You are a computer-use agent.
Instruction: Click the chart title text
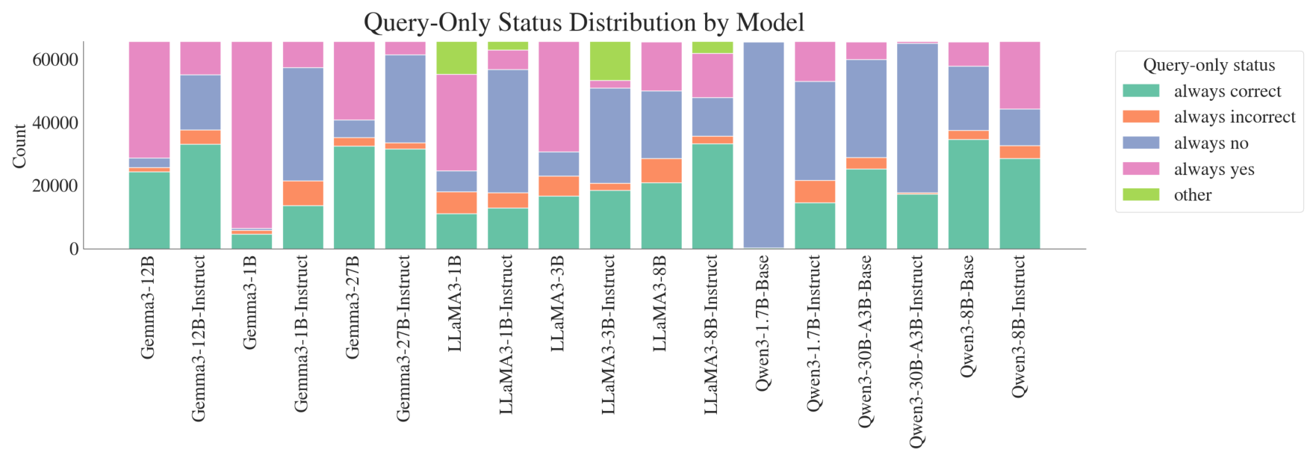tap(583, 22)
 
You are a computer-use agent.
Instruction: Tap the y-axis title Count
tap(19, 146)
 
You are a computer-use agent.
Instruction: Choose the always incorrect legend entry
tap(1209, 117)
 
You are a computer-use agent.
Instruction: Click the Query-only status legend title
tap(1209, 65)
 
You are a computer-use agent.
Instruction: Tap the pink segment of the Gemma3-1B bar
tap(252, 135)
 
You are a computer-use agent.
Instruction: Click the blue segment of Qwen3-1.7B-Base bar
tap(763, 145)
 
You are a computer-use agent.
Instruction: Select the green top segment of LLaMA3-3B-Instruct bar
tap(610, 61)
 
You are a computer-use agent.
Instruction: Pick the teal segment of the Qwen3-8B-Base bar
tap(969, 194)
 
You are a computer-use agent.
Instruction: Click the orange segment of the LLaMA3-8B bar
tap(661, 170)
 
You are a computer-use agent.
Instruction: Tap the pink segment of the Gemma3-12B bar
tap(149, 100)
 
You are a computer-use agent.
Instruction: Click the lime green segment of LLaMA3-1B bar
tap(456, 58)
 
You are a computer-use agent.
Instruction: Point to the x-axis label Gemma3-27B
tap(353, 307)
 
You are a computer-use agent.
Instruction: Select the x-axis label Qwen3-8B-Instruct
tap(1019, 326)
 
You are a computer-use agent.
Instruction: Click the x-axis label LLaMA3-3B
tap(558, 303)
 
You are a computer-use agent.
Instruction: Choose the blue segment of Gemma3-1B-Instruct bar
tap(303, 124)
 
